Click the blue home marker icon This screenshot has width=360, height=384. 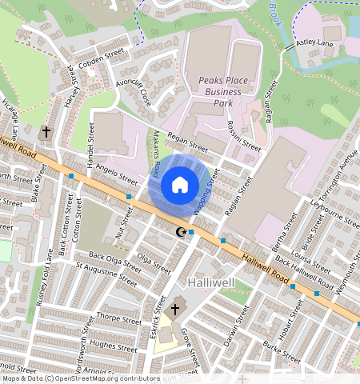tap(180, 186)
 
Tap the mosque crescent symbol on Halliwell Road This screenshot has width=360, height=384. tap(180, 232)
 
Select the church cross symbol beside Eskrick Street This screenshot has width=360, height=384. tap(174, 308)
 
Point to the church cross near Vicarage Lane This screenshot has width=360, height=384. tap(46, 131)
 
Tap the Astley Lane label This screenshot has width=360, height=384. tap(314, 42)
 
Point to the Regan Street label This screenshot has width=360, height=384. tap(188, 144)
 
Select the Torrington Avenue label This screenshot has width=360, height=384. tap(339, 175)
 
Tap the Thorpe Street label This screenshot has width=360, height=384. tap(118, 318)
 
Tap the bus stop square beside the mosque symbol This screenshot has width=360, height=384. tap(191, 232)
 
